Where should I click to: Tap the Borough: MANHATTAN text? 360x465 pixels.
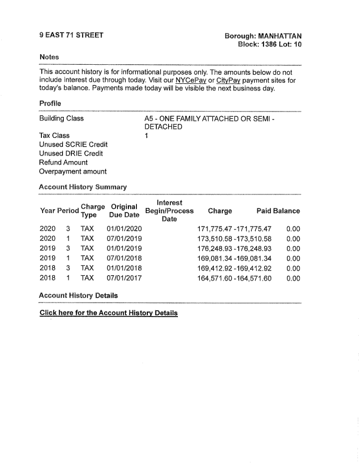coord(263,36)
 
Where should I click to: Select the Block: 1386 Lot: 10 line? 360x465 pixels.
coord(269,44)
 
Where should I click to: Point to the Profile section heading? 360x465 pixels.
coord(49,103)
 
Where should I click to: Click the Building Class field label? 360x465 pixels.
coord(62,118)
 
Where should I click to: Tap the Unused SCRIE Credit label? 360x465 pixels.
coord(73,144)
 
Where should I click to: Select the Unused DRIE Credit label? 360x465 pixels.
coord(71,153)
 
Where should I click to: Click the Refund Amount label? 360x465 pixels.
coord(63,162)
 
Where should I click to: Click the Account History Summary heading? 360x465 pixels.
coord(83,187)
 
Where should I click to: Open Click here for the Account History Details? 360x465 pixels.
coord(108,313)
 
